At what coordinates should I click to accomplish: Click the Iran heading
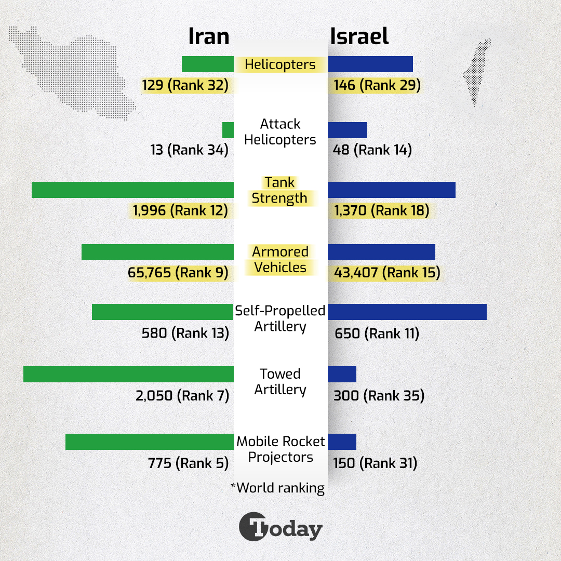tap(208, 37)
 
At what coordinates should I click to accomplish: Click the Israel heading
tap(359, 37)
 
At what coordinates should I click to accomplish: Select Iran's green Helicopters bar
tap(208, 64)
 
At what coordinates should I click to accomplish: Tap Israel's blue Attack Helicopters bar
tap(348, 130)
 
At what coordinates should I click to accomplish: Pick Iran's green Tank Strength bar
tap(132, 190)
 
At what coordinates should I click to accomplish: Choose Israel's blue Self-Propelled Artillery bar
tap(407, 312)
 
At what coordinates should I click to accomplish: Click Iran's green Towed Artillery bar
tap(128, 374)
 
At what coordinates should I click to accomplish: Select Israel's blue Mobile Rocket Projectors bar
tap(342, 442)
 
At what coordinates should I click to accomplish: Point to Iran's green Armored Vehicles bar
tap(157, 252)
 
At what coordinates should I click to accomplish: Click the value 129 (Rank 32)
tap(185, 85)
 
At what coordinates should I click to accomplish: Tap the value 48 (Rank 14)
tap(372, 150)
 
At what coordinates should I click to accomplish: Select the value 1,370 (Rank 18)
tap(382, 210)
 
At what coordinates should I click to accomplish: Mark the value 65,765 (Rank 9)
tap(178, 273)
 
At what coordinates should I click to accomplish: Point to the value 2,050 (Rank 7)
tap(182, 396)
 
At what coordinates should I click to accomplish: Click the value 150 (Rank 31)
tap(375, 463)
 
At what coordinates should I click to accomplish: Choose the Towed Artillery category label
tap(280, 382)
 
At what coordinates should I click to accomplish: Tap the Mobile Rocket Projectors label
tap(280, 449)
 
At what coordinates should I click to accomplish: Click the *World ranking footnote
tap(278, 488)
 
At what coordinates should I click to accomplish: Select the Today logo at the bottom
tap(280, 528)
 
